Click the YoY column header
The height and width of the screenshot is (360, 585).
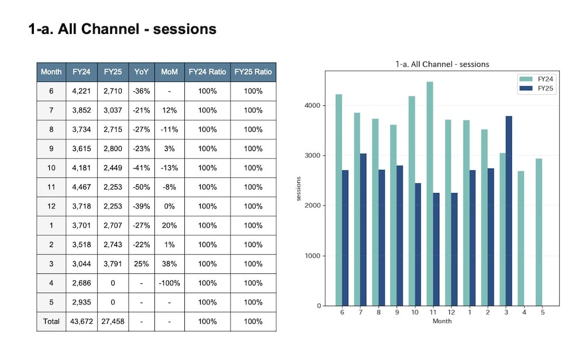(x=142, y=71)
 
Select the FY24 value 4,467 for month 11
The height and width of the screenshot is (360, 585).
(x=81, y=187)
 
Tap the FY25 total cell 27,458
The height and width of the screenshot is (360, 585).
(x=113, y=321)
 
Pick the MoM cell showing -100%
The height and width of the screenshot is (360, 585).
(x=170, y=283)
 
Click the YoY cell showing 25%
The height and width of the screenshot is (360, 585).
(x=142, y=264)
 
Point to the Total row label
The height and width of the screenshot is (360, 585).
(x=51, y=321)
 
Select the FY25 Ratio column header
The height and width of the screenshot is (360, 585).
(x=253, y=71)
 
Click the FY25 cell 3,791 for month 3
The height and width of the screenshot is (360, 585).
(x=113, y=264)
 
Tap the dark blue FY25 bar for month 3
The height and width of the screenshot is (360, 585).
(x=509, y=211)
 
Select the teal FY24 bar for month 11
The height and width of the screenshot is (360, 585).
(x=430, y=194)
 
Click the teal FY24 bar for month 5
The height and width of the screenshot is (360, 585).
(x=539, y=232)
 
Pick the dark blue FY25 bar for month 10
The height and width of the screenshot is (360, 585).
(x=418, y=245)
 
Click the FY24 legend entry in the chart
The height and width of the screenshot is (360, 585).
(x=536, y=79)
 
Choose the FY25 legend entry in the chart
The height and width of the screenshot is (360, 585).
(x=536, y=88)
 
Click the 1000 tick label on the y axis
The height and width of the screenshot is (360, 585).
(x=312, y=256)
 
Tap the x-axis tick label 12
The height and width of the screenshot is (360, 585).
(x=452, y=312)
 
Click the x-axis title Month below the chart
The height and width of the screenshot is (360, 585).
(x=442, y=321)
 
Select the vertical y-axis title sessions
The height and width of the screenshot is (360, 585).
(x=298, y=188)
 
